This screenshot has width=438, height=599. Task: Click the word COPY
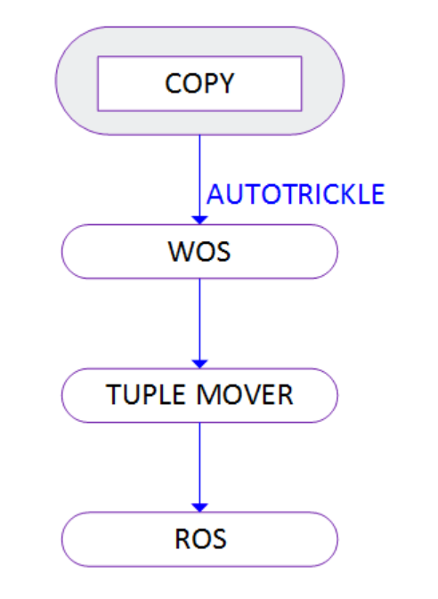[199, 83]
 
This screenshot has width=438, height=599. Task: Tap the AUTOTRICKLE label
[296, 194]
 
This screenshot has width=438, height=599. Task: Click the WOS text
[199, 251]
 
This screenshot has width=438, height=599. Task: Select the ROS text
[200, 538]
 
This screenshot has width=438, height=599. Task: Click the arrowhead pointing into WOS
[199, 220]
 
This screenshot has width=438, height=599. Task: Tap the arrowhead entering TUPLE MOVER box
[199, 364]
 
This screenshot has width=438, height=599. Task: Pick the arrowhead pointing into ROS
[199, 507]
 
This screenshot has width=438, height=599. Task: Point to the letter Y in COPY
[226, 83]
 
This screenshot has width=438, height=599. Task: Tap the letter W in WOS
[180, 251]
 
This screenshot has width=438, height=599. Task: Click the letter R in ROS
[182, 538]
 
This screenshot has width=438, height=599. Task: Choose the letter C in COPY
[173, 83]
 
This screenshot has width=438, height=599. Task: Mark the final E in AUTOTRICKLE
[377, 194]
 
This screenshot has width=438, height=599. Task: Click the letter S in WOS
[223, 251]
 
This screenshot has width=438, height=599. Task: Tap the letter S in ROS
[219, 538]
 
